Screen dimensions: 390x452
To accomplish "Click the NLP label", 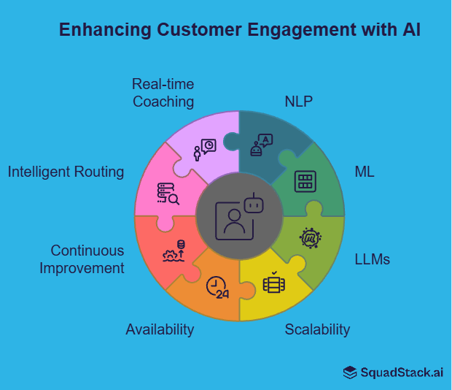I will [298, 101].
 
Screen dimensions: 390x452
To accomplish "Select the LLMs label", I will [372, 259].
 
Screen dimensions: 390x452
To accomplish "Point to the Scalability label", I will [317, 329].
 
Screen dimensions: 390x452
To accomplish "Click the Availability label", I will [160, 329].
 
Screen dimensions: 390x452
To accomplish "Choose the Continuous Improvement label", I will [82, 259].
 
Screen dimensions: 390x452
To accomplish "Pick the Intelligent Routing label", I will [66, 172].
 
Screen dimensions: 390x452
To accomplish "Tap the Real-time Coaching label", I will [163, 93].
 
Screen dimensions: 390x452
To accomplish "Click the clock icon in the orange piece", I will [217, 287].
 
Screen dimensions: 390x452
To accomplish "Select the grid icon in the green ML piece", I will [305, 181].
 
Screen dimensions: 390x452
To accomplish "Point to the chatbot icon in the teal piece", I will [260, 145].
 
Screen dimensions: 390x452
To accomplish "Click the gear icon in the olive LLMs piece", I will [311, 237].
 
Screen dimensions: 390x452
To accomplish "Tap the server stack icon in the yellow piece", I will [274, 283].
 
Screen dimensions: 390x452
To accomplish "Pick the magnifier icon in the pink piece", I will [168, 194].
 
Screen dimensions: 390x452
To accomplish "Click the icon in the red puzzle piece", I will [175, 252].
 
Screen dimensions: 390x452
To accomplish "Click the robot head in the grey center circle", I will [252, 206].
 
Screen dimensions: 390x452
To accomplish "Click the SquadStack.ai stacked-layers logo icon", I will [350, 372].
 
